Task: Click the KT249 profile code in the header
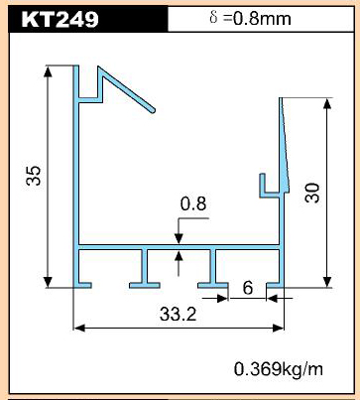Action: pyautogui.click(x=60, y=19)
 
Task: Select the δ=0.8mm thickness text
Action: pyautogui.click(x=250, y=18)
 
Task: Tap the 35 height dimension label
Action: pyautogui.click(x=34, y=176)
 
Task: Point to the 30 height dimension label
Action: pyautogui.click(x=312, y=193)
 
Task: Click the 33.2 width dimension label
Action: pyautogui.click(x=178, y=314)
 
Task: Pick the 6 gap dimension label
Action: pyautogui.click(x=248, y=288)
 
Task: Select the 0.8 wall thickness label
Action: pyautogui.click(x=193, y=203)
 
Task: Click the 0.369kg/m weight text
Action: pyautogui.click(x=279, y=369)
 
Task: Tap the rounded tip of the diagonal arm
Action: pyautogui.click(x=152, y=110)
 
